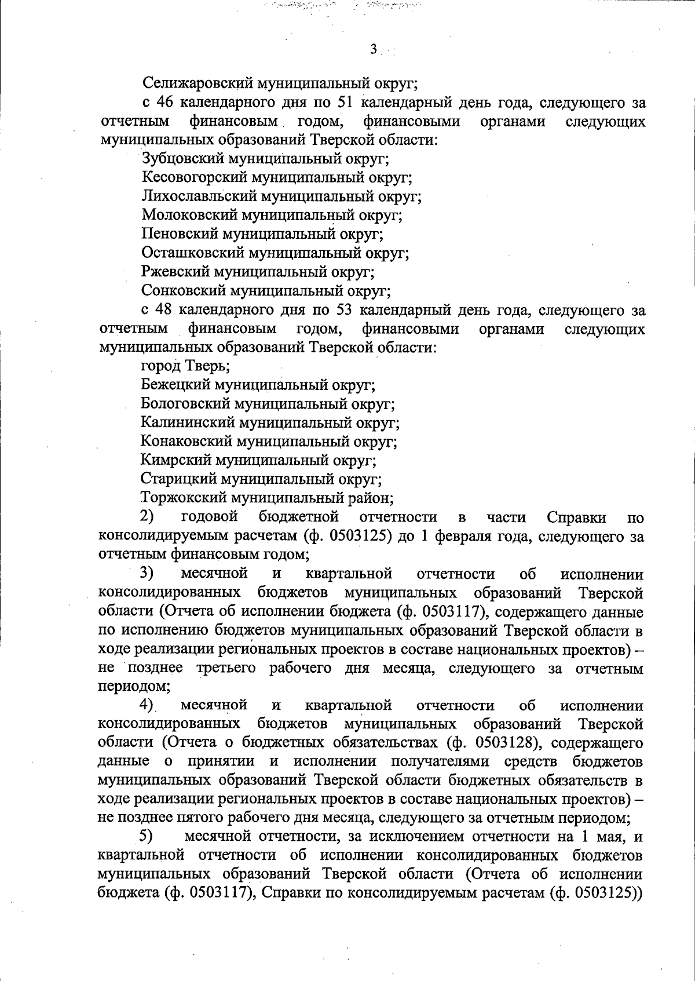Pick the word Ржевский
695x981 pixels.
click(175, 271)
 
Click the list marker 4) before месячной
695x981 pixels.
click(147, 705)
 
